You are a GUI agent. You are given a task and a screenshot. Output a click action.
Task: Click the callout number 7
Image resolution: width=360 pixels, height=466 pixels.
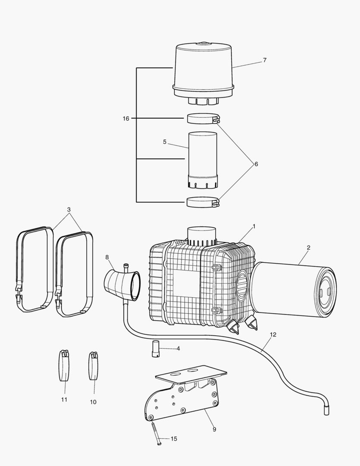click(264, 60)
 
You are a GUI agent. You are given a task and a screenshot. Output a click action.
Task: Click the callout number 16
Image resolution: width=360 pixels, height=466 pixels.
click(125, 118)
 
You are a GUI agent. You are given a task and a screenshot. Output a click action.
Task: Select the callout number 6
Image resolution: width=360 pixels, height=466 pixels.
click(256, 164)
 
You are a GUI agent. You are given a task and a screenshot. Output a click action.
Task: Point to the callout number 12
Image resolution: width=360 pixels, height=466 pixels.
click(273, 334)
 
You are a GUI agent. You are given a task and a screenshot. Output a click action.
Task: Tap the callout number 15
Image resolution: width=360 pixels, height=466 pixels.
click(174, 439)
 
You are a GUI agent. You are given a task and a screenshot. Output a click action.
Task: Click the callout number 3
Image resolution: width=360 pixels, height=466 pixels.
click(69, 210)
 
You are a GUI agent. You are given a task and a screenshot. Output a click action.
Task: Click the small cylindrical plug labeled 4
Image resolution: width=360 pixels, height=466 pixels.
click(155, 349)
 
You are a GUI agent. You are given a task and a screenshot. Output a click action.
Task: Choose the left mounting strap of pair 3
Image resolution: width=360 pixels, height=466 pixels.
click(34, 270)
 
